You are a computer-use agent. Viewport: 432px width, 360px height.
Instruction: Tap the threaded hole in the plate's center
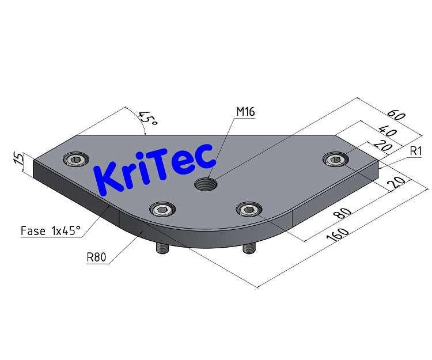pos(204,185)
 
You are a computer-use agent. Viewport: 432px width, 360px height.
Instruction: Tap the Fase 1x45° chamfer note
pos(51,232)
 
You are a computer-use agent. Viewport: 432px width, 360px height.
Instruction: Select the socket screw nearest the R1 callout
pos(336,160)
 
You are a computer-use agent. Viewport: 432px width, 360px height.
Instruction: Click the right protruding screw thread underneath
pos(249,248)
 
